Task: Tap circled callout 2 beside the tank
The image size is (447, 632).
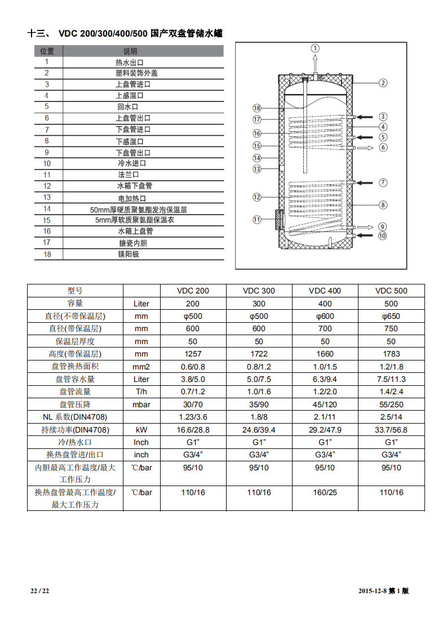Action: (383, 83)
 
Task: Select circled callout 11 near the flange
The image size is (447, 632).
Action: (257, 220)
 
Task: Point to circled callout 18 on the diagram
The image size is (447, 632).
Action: (257, 108)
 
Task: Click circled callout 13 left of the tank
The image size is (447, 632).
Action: (257, 168)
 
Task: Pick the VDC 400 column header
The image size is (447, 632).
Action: (325, 291)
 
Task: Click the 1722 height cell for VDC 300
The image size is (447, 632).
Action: (259, 354)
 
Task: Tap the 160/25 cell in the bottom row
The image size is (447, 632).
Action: (325, 492)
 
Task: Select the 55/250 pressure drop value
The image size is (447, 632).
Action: (391, 404)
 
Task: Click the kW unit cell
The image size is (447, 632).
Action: (141, 430)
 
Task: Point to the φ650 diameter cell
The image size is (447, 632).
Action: (391, 316)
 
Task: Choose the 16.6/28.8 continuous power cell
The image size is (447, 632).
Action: (193, 430)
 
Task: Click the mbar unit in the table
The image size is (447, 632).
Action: (141, 404)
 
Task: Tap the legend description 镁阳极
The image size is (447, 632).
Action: (128, 254)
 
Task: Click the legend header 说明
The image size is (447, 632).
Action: (130, 51)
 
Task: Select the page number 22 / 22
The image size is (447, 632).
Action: (40, 591)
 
